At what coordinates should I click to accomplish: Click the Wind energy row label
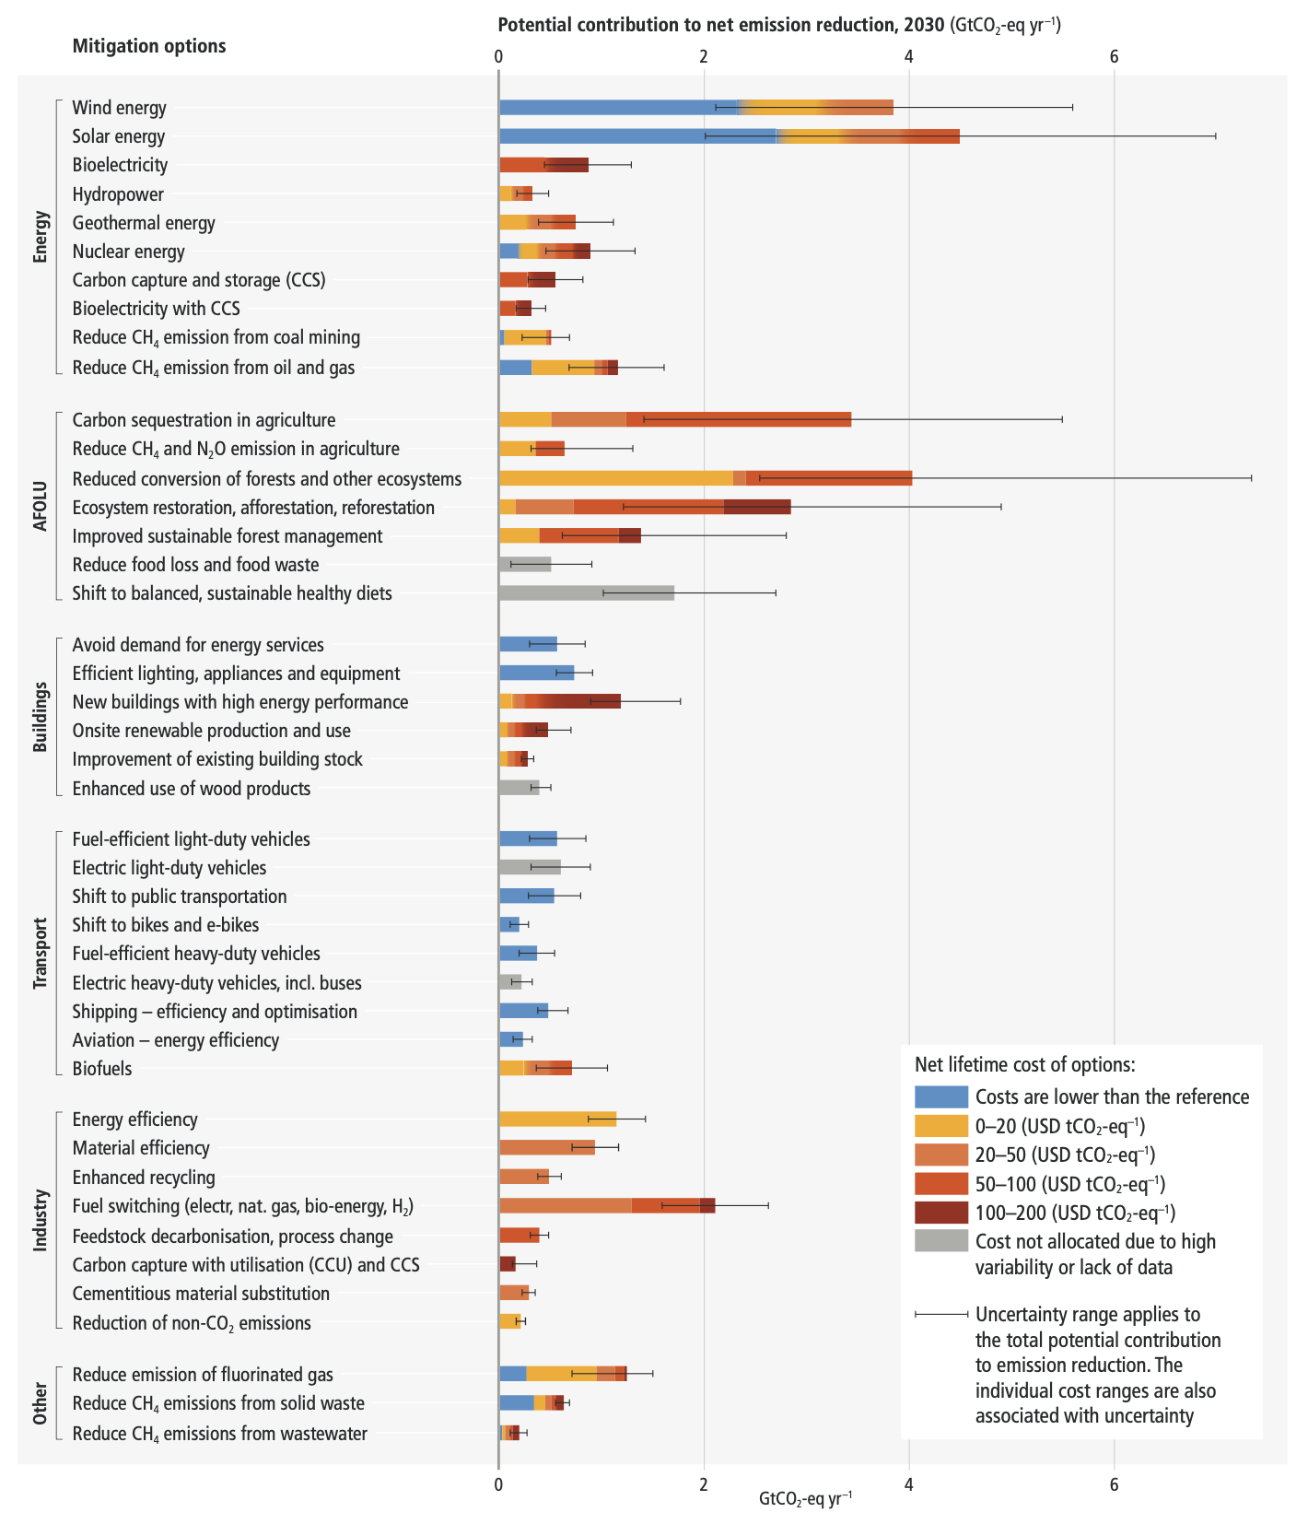click(x=120, y=108)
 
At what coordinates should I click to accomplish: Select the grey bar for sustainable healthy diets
click(x=586, y=593)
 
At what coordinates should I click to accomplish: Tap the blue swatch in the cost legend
click(x=940, y=1096)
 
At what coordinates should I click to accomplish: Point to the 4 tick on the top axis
click(x=908, y=56)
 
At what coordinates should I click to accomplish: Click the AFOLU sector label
click(x=40, y=507)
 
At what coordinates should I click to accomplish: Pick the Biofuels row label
click(x=102, y=1069)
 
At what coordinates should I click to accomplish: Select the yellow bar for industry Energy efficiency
click(x=557, y=1120)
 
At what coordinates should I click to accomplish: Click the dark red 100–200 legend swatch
click(x=940, y=1213)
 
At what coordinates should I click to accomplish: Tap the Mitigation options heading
click(x=149, y=46)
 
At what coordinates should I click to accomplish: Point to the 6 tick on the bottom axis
click(x=1114, y=1484)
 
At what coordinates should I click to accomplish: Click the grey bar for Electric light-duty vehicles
click(x=530, y=867)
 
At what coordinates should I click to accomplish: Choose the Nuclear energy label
click(x=129, y=252)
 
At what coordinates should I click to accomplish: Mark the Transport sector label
click(x=40, y=954)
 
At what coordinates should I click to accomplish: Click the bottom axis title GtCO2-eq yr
click(x=805, y=1499)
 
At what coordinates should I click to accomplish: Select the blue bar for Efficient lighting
click(x=536, y=674)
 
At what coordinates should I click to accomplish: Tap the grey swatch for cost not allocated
click(x=940, y=1241)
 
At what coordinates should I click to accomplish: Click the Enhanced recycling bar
click(x=523, y=1177)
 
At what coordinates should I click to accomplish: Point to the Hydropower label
click(x=118, y=194)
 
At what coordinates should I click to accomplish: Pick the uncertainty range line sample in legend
click(x=940, y=1314)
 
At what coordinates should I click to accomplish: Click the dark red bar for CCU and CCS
click(x=507, y=1264)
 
